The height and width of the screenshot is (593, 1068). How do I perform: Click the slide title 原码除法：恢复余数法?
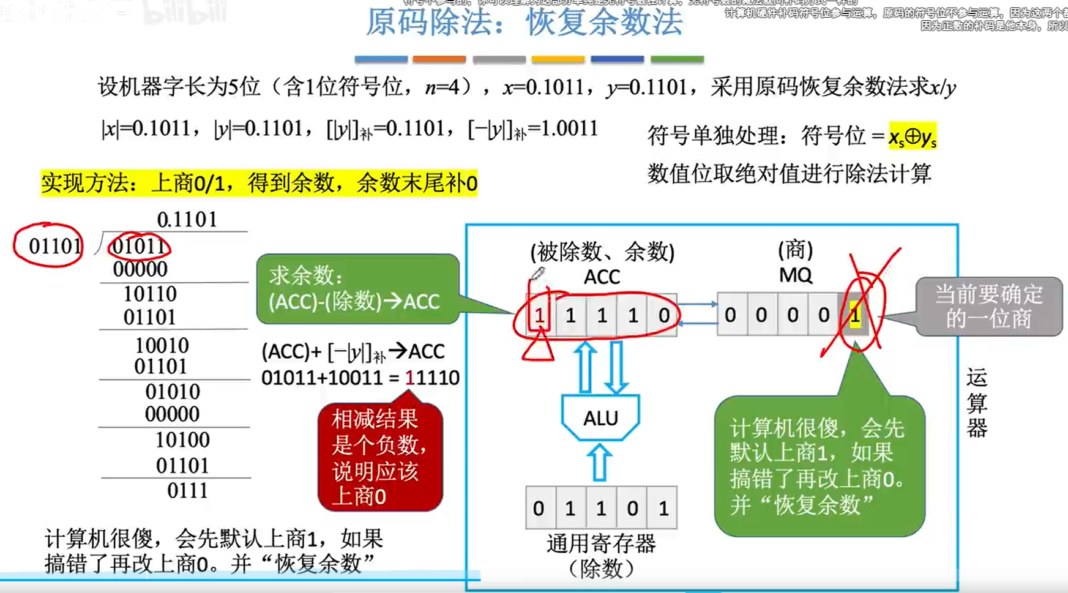tap(524, 23)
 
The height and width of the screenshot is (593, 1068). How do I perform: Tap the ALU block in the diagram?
tap(600, 418)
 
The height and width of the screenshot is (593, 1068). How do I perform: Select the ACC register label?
tap(602, 277)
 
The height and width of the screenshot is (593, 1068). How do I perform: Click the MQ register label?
tap(795, 275)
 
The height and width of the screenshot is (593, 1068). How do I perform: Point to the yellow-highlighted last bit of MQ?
tap(855, 316)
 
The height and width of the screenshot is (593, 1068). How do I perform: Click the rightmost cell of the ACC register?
tap(663, 316)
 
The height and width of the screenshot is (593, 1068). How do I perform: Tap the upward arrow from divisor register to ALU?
tap(600, 462)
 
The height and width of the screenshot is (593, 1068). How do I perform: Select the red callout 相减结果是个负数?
tap(379, 457)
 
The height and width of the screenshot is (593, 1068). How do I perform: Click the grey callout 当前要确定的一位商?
tap(988, 307)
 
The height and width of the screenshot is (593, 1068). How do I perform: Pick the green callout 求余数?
tap(357, 289)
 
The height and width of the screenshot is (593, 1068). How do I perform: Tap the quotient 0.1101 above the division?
tap(187, 220)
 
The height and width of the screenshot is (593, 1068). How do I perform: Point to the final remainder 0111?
tap(187, 491)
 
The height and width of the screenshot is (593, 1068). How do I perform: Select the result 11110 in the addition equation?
tap(432, 378)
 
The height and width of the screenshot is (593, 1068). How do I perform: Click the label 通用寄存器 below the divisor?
tap(600, 543)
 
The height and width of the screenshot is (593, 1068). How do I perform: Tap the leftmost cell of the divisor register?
tap(539, 508)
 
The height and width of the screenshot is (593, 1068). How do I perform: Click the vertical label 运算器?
tap(977, 403)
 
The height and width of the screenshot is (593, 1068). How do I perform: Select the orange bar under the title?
tap(439, 59)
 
